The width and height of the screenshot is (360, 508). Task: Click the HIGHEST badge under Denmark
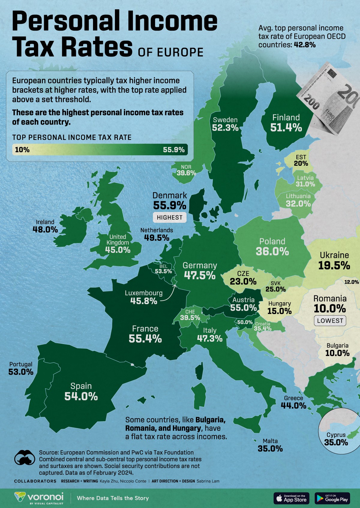(x=169, y=217)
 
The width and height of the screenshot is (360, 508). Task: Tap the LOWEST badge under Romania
(x=330, y=321)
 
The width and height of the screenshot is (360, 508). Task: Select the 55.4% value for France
(x=145, y=339)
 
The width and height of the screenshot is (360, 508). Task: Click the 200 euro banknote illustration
(x=328, y=99)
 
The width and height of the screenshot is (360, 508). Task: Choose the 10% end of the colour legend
(x=22, y=150)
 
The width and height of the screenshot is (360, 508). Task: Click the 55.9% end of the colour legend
(x=174, y=150)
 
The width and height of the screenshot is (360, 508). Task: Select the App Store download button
(x=291, y=498)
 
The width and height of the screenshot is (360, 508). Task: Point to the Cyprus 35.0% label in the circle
(x=336, y=439)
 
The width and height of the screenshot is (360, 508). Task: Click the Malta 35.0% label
(x=270, y=445)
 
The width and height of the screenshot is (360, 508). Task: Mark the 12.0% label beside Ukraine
(x=352, y=282)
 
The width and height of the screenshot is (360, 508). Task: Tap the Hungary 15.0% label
(x=279, y=308)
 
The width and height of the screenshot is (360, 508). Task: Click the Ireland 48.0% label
(x=45, y=226)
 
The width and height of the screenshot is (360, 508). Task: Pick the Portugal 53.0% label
(x=21, y=368)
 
